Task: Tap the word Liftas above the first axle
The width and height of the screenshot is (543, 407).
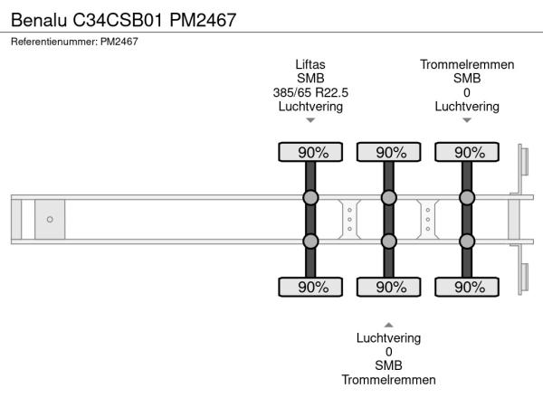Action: (x=310, y=64)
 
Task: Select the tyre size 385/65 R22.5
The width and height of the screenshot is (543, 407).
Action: (x=310, y=92)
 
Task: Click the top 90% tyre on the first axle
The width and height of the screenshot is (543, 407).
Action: (x=310, y=152)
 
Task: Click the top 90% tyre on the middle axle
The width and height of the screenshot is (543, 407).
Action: (x=389, y=152)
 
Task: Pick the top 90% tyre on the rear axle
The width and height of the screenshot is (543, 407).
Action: (x=467, y=152)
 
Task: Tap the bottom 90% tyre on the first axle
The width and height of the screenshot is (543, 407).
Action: (x=310, y=287)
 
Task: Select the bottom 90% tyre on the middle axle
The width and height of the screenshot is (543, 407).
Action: (x=389, y=287)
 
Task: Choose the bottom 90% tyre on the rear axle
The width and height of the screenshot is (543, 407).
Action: (x=467, y=287)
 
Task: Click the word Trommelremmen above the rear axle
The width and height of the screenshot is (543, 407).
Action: (x=467, y=64)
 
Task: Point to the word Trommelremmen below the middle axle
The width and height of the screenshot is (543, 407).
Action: (x=389, y=380)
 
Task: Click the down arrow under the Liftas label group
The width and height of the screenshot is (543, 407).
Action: (x=310, y=120)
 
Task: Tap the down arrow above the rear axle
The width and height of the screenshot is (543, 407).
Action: (x=467, y=120)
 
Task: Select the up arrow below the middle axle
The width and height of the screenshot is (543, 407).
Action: (x=389, y=324)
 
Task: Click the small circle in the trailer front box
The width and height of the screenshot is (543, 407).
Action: (x=50, y=220)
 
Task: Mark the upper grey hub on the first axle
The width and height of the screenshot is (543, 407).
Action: (x=310, y=198)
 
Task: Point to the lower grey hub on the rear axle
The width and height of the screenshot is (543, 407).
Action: (x=467, y=241)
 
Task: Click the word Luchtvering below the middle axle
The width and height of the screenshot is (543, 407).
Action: (x=389, y=338)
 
